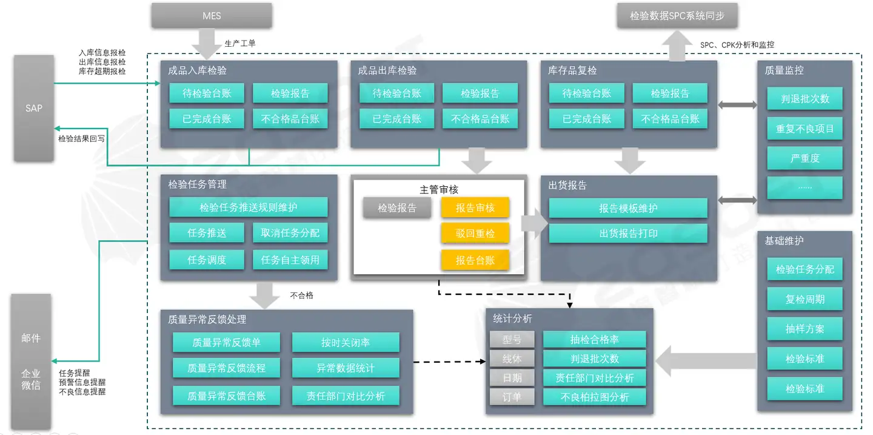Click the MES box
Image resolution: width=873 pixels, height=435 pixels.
(212, 16)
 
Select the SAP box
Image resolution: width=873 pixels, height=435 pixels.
(34, 108)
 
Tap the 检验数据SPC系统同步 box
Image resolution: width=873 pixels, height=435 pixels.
(677, 16)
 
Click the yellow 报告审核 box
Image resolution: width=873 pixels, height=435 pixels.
(475, 207)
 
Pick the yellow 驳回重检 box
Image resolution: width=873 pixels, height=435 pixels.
(475, 234)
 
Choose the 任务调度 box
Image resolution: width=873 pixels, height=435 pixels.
(207, 260)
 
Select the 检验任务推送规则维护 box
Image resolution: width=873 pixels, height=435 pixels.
(249, 207)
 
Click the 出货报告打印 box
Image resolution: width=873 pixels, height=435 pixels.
(628, 234)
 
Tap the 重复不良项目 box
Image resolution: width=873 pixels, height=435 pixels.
(805, 129)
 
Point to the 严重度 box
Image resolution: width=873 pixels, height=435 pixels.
(805, 158)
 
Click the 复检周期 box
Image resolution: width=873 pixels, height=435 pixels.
(805, 299)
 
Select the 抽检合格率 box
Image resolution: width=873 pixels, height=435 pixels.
(594, 339)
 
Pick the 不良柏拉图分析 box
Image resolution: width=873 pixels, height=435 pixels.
(594, 397)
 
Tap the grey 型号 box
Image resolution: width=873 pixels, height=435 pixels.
(512, 339)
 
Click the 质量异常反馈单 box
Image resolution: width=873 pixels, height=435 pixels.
(226, 342)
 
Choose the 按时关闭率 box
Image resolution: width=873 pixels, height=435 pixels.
(346, 342)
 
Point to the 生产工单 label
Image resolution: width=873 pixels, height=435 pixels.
(240, 43)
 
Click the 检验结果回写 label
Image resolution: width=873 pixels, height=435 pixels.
(81, 138)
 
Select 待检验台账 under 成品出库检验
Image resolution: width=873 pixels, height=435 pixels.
(396, 93)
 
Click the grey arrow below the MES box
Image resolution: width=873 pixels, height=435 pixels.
(207, 44)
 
